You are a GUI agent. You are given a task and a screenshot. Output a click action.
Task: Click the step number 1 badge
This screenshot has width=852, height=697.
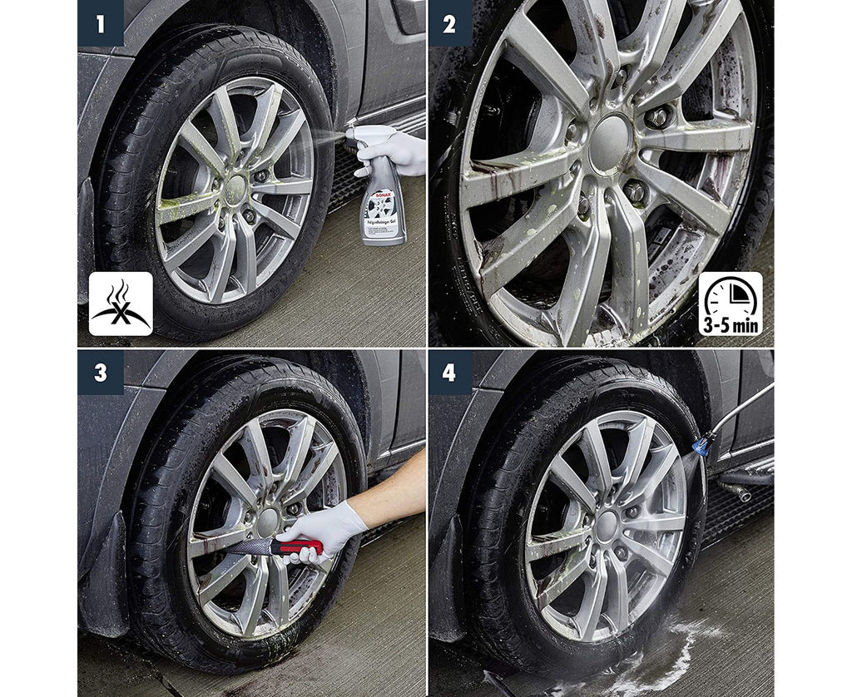(x=101, y=23)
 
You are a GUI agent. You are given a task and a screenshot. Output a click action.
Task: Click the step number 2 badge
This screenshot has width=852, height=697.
(x=449, y=23)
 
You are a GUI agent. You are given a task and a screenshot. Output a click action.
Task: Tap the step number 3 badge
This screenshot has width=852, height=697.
(x=101, y=372)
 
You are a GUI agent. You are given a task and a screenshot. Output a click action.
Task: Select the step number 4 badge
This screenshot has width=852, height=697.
(x=449, y=372)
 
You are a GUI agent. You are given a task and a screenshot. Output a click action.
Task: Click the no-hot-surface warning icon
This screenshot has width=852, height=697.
(x=121, y=304)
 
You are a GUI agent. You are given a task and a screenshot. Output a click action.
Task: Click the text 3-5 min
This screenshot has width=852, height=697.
(x=730, y=324)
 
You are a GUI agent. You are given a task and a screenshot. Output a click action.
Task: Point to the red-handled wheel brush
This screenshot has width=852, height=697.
(x=275, y=546)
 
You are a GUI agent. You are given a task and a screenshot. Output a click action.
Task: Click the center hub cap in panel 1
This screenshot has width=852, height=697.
(x=236, y=186)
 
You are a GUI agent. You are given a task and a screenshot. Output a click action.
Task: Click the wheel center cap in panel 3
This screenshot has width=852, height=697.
(x=267, y=522)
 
